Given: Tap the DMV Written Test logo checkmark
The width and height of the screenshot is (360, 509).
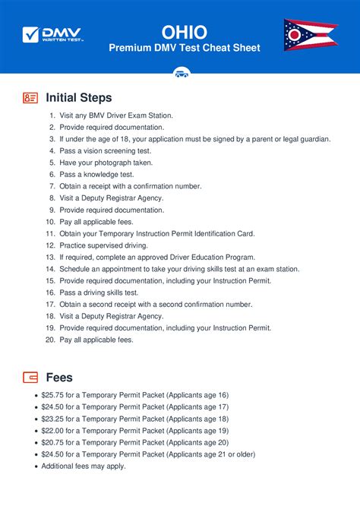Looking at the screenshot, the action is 31,34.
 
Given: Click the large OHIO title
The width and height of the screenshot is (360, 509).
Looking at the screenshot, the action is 185,30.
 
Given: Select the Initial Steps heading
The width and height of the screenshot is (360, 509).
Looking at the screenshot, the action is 79,97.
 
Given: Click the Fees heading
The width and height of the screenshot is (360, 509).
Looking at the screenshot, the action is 59,377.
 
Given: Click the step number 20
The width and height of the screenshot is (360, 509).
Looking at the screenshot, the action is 50,340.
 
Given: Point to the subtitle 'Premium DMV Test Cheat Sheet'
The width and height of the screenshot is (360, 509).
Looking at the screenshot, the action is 185,48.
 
